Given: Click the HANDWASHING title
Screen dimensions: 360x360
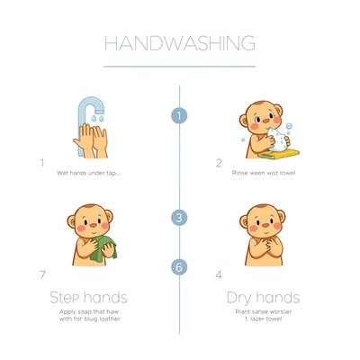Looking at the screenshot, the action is point(180,43).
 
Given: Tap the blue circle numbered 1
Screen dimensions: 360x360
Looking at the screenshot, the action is point(179,116).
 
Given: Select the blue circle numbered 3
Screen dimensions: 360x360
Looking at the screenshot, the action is point(179,218).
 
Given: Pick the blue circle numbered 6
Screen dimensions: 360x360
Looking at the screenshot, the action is point(179,267).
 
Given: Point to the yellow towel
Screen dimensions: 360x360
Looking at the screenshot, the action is point(279,154).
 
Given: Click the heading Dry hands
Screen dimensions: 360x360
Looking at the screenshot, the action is point(263,298).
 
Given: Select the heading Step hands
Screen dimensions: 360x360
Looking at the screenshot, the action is point(88,298).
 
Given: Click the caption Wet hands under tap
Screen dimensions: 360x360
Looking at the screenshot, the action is point(89,173).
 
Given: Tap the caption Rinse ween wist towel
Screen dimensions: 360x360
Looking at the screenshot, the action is point(264,173).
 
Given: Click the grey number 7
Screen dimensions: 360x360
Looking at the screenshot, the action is point(42,274).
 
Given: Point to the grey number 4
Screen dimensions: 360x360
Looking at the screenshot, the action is point(219,274).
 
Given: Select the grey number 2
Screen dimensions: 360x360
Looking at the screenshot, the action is point(219,163).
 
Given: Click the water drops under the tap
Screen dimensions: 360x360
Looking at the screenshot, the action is point(97,118).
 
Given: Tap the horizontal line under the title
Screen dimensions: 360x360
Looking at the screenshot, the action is point(180,67).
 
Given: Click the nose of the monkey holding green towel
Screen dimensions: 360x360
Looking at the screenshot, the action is point(94,225).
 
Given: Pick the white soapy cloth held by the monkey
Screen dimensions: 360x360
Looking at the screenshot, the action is point(277,139).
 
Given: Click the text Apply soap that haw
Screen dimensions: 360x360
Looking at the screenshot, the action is point(89,311).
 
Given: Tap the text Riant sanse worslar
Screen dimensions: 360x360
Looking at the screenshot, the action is point(264,311).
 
